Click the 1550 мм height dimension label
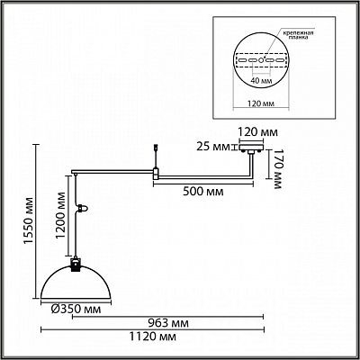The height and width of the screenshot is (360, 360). coord(30,220)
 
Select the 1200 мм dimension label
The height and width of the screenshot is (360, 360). coord(61,215)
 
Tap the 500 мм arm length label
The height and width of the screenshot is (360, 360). coord(203,192)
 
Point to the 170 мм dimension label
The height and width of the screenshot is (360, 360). coord(277,169)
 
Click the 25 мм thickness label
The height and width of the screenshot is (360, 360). coord(212,147)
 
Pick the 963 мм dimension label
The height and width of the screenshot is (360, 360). coord(168,323)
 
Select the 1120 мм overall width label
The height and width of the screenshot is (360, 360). coord(153,337)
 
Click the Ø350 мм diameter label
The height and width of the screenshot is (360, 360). coord(76,309)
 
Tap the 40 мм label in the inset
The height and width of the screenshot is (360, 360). coord(261,81)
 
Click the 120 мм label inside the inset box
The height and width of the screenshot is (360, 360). coord(261,103)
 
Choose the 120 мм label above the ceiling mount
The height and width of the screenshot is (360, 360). coord(257,132)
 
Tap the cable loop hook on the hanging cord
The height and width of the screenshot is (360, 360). coord(83,208)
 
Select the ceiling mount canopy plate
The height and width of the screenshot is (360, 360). coord(251,148)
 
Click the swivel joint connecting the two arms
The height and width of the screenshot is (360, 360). coord(156,174)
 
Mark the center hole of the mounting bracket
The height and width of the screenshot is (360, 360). coord(261,60)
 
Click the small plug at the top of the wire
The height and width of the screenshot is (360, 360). coord(156,147)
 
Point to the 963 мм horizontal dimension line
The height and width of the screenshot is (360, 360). coord(168,316)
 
